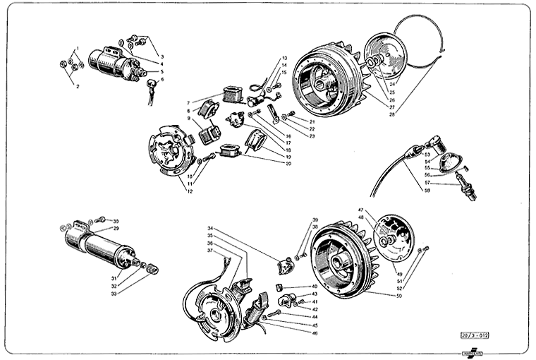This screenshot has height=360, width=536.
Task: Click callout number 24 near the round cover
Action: pyautogui.click(x=391, y=85)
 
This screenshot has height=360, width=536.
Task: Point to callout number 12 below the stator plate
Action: pyautogui.click(x=189, y=191)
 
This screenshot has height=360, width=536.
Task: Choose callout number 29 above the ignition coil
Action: pyautogui.click(x=116, y=229)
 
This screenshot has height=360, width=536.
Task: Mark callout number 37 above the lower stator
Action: pyautogui.click(x=210, y=251)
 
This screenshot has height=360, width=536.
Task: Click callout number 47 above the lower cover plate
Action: pyautogui.click(x=360, y=210)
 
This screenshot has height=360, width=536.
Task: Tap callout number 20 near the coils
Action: pyautogui.click(x=288, y=163)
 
